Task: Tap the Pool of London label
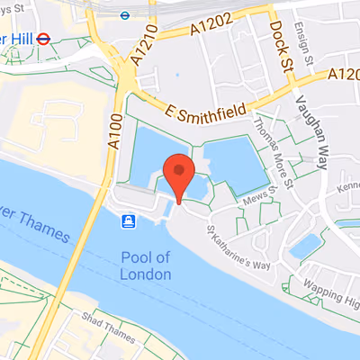click(x=145, y=265)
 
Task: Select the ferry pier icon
click(x=130, y=220)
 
